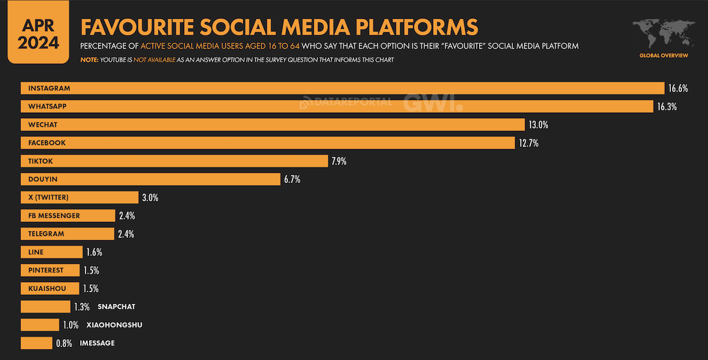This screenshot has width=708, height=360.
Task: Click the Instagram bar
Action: pos(342,88)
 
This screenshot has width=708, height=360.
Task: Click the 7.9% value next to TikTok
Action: pos(339,161)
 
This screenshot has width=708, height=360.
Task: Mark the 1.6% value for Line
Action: pos(94,253)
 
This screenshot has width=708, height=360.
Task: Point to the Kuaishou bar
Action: pos(50,289)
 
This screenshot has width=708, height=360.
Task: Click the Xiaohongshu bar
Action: pos(40,325)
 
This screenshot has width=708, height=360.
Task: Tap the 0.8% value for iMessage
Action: pos(64,343)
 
